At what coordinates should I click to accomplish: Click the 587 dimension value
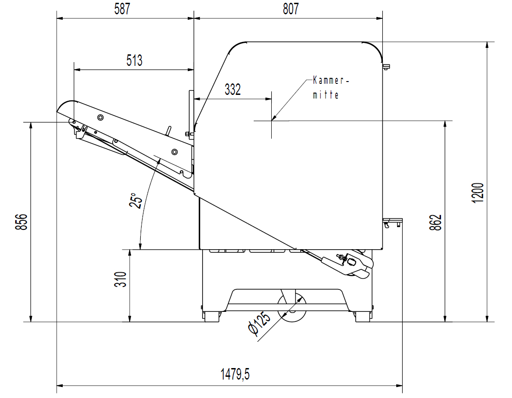pos(122,9)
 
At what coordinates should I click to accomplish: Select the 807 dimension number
pos(291,9)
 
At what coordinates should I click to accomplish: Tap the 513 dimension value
pos(135,60)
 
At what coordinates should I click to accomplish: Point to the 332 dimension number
pos(233,89)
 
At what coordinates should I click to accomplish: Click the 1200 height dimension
pos(478,193)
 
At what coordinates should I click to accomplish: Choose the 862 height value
pos(435,222)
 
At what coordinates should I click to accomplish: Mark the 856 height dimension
pos(22,222)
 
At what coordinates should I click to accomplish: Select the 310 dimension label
pos(120,279)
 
